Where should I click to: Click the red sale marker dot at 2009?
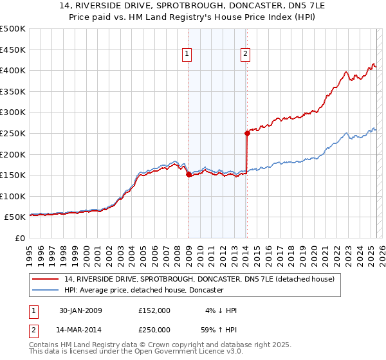coord(188,174)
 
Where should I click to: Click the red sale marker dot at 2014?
coord(247,134)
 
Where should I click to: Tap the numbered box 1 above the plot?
coord(187,55)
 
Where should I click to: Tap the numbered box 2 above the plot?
coord(246,55)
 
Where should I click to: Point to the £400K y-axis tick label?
coord(13,70)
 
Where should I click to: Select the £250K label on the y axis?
coord(13,133)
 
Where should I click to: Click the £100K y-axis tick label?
coord(13,196)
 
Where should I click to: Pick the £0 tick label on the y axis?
coord(20,238)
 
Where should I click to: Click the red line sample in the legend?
coord(46,280)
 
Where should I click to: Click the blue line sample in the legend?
coord(46,291)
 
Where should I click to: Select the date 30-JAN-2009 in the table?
coord(79,310)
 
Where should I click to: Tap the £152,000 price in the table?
coord(154,310)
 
